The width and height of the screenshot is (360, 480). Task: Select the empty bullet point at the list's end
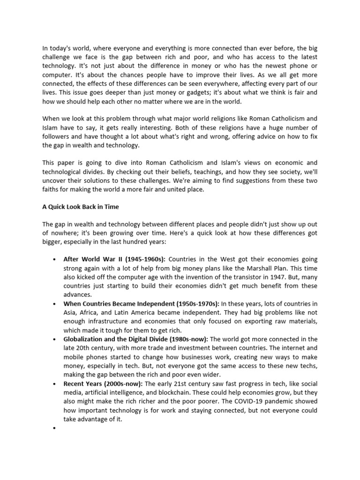coord(55,428)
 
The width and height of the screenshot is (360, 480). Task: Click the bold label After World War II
coord(90,259)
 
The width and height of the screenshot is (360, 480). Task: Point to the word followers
coord(57,137)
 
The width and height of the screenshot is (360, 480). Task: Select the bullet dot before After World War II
coord(55,259)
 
